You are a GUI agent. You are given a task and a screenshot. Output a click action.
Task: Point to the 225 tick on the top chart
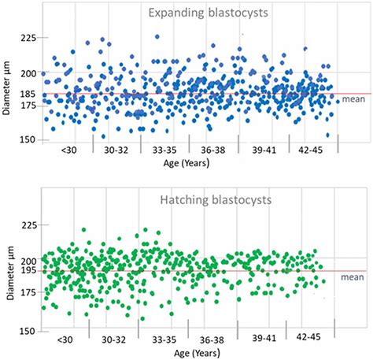[29, 38]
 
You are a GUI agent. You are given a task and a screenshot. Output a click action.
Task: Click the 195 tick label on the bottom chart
[29, 270]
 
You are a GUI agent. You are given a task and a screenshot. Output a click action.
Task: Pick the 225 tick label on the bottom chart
[29, 225]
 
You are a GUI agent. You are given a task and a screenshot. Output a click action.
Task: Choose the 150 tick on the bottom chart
[29, 331]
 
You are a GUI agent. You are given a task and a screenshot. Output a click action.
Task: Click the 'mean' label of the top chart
[354, 99]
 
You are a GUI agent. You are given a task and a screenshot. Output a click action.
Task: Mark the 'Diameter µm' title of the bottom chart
[9, 270]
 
